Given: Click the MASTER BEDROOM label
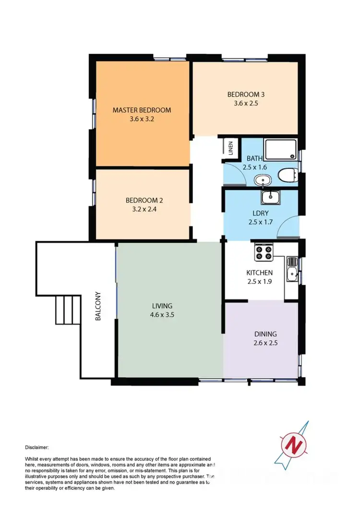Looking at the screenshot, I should coord(142,110).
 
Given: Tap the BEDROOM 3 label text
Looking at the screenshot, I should coord(246,94).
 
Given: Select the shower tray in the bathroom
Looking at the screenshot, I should coord(280,150).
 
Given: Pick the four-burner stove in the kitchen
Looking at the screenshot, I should coord(264,252).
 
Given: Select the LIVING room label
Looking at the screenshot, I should coord(162,305).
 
